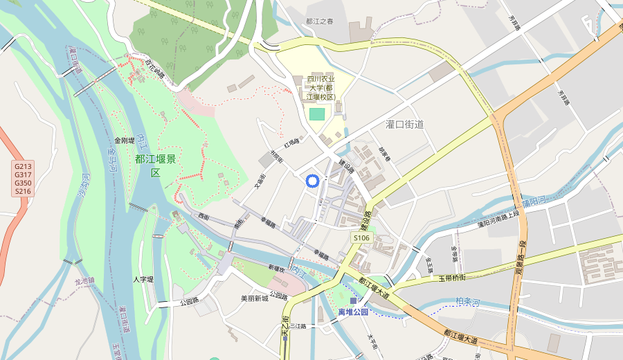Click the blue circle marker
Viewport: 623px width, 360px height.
312,181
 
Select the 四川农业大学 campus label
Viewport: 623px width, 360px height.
320,88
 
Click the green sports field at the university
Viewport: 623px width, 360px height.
317,113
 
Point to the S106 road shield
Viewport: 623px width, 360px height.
362,237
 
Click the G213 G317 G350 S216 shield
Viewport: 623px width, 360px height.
23,179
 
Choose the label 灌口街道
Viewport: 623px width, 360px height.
404,125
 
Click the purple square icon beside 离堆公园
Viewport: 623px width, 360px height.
354,301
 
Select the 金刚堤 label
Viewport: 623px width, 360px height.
125,140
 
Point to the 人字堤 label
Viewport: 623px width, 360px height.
143,280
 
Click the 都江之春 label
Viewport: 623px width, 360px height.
320,21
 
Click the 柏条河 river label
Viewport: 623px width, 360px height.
468,301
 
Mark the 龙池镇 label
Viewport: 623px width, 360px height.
83,281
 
